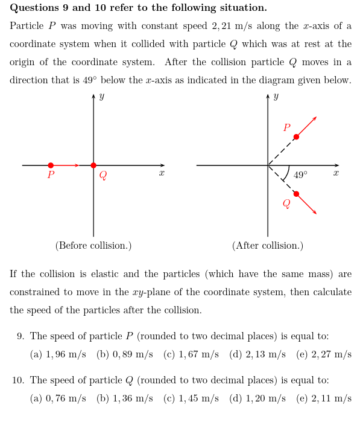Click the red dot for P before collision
pyautogui.click(x=51, y=165)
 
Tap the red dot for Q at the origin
pyautogui.click(x=93, y=165)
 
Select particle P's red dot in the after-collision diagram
pyautogui.click(x=296, y=137)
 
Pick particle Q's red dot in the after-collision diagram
pyautogui.click(x=296, y=194)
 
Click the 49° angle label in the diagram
pyautogui.click(x=300, y=175)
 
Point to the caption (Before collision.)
pyautogui.click(x=93, y=246)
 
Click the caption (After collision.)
pyautogui.click(x=268, y=246)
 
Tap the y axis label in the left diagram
pyautogui.click(x=101, y=97)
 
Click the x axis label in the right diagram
pyautogui.click(x=336, y=173)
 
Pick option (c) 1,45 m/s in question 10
pyautogui.click(x=191, y=398)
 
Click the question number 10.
pyautogui.click(x=17, y=380)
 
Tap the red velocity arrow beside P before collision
pyautogui.click(x=66, y=165)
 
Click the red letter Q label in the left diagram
pyautogui.click(x=103, y=176)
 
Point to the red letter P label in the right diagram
pyautogui.click(x=287, y=128)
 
